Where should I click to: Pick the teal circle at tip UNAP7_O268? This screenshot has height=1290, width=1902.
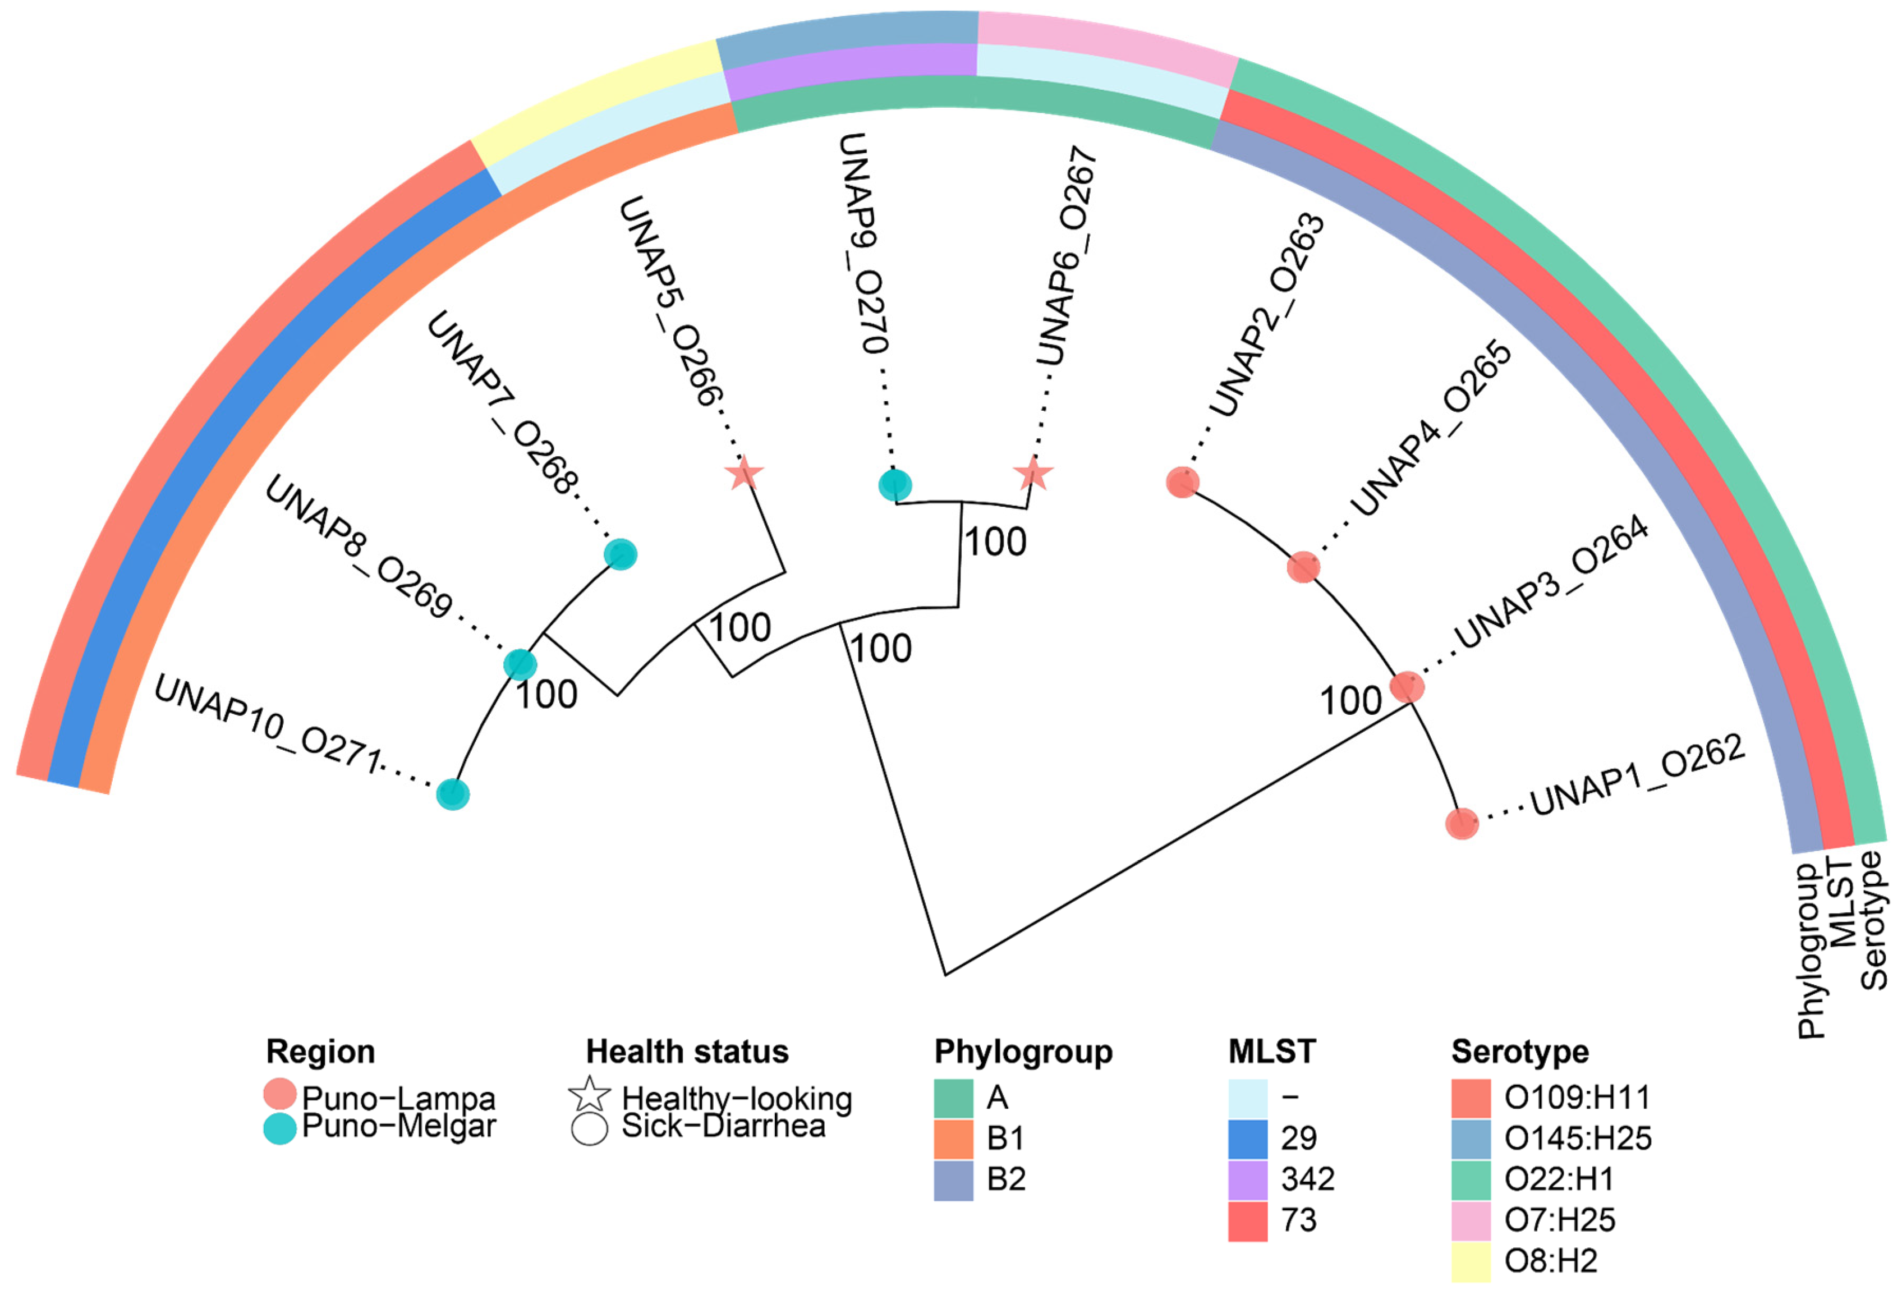(x=621, y=554)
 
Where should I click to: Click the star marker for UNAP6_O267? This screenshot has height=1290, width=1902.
(x=1033, y=473)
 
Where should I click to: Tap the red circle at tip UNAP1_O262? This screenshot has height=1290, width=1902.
(x=1462, y=824)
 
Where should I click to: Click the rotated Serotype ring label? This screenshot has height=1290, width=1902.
(x=1872, y=921)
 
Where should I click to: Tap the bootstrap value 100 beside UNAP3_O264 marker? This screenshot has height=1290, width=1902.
(x=1350, y=701)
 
